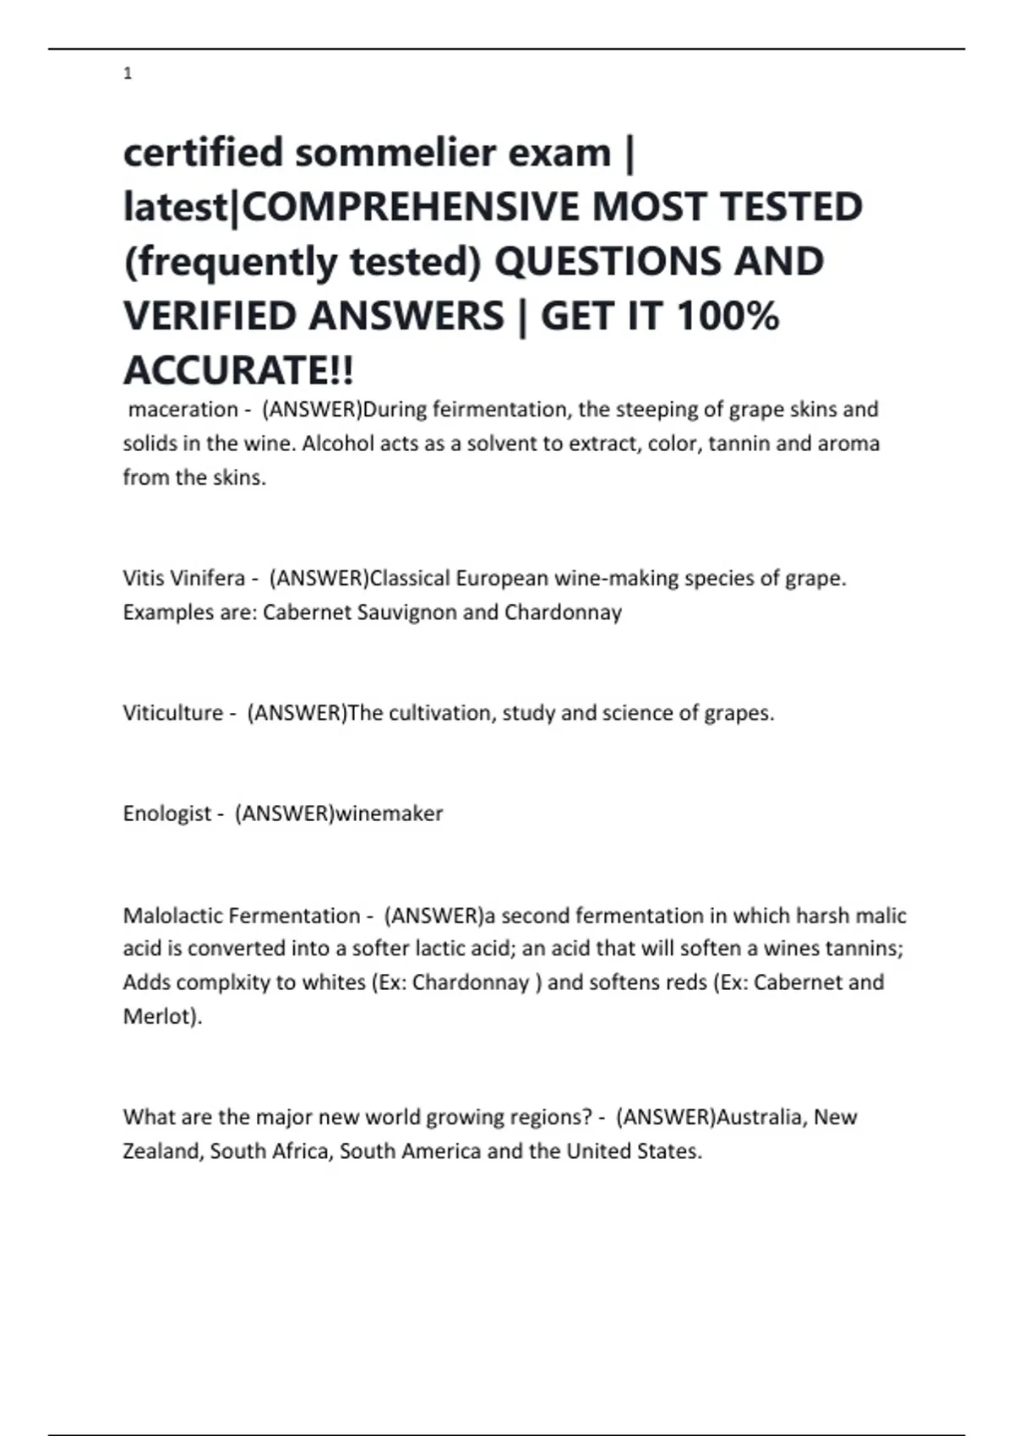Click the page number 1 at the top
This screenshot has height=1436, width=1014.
pos(128,73)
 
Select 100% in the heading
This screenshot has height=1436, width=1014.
pos(728,316)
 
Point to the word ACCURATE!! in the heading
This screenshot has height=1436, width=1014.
pos(239,370)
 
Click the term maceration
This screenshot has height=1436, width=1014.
pos(183,410)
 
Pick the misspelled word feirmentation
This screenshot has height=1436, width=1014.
pos(499,410)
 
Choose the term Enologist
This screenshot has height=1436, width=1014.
pos(167,813)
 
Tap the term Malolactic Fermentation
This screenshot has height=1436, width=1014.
pos(242,916)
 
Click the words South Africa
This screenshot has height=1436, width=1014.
pos(269,1151)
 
